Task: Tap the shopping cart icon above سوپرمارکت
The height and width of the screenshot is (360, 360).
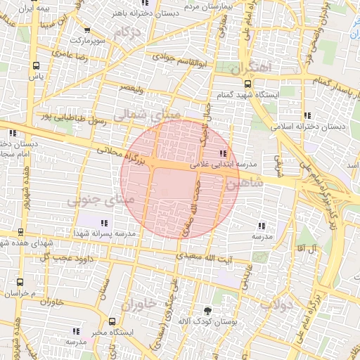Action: point(87,31)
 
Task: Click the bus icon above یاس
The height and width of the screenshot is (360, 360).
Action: point(35,65)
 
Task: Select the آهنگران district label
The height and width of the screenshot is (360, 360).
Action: point(250,68)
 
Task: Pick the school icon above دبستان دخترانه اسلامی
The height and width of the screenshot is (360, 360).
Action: point(307,115)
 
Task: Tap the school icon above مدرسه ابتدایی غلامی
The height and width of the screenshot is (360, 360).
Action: point(224,153)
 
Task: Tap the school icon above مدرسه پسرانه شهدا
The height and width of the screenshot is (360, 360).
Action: point(105,223)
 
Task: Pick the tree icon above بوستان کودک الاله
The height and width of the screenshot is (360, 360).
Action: point(207,310)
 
